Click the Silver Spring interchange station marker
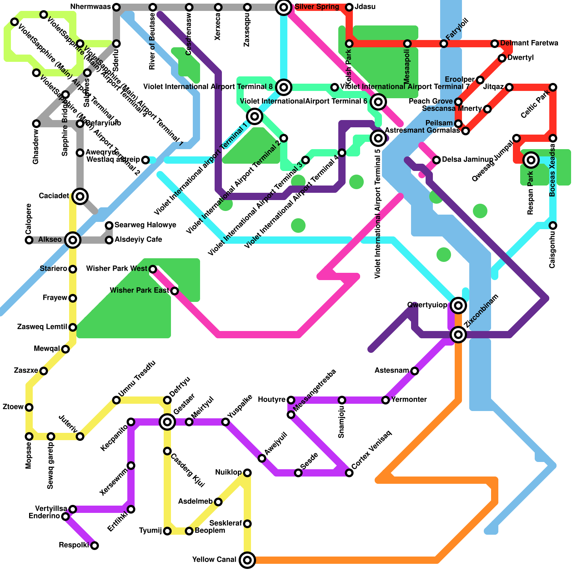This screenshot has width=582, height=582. tap(284, 7)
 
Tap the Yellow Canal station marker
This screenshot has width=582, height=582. tap(247, 560)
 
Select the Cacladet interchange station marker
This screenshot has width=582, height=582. tap(80, 196)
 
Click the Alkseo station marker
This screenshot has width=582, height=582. tap(73, 240)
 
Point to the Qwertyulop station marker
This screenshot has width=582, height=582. tap(458, 306)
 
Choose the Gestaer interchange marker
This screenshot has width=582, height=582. tap(167, 422)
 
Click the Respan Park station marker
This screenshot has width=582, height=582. tap(531, 160)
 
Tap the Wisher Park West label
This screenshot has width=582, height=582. tap(116, 269)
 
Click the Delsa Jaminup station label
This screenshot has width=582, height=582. tap(467, 160)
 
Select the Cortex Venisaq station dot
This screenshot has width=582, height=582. tap(349, 473)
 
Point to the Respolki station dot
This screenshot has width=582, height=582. tap(95, 546)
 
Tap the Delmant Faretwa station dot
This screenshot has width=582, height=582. tap(495, 44)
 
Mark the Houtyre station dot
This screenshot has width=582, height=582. tap(291, 400)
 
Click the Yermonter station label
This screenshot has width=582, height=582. tap(409, 400)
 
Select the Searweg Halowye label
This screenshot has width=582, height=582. tap(145, 225)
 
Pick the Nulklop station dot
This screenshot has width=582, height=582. tap(247, 473)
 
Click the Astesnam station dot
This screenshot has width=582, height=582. tap(415, 371)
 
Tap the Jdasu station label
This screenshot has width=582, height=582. tap(365, 7)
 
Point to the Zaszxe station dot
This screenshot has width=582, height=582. tap(44, 371)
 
